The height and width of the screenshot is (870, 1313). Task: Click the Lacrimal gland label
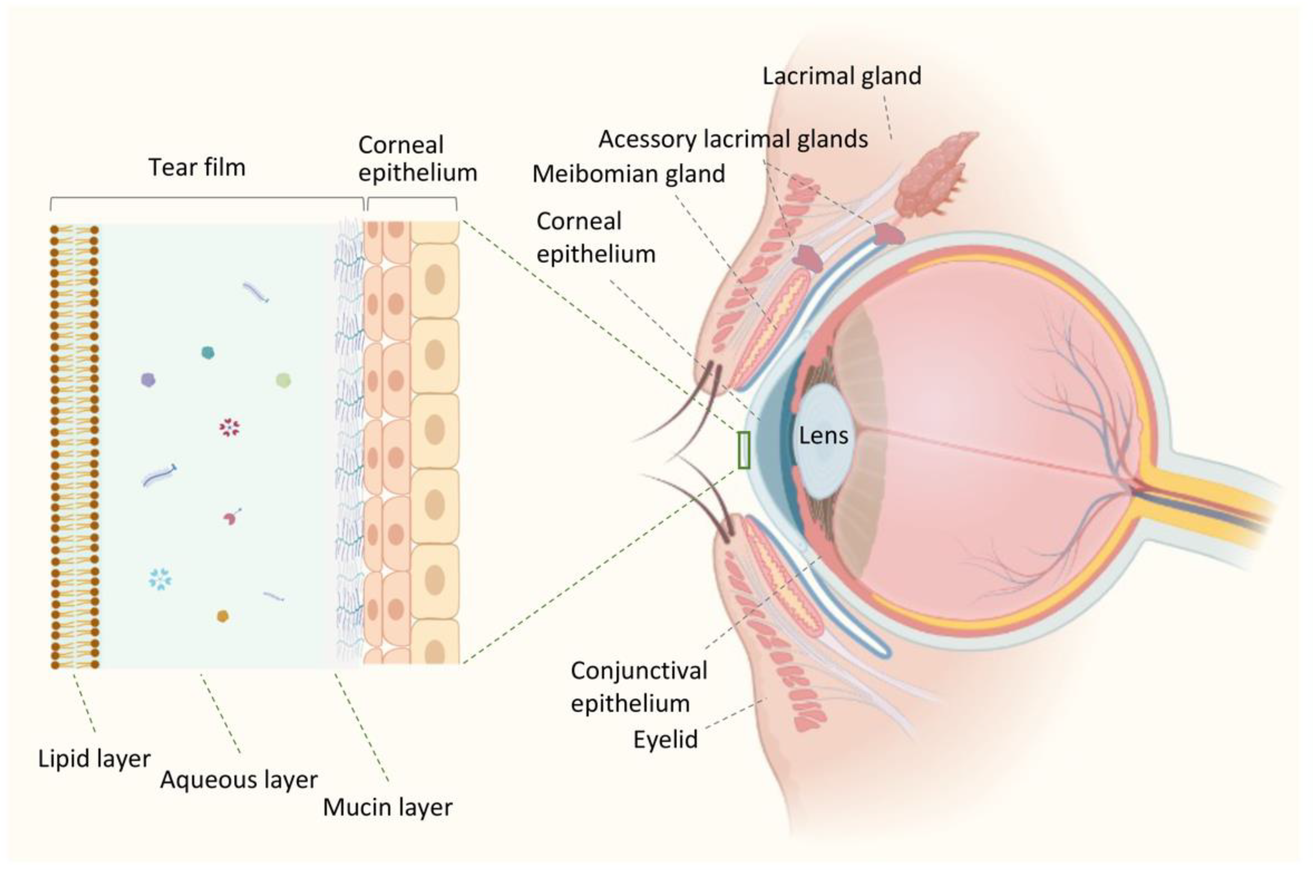pos(841,76)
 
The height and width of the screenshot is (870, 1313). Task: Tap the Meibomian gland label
pos(628,174)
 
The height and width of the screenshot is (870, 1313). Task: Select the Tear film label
pos(197,168)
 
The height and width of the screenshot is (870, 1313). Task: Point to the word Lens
pos(823,436)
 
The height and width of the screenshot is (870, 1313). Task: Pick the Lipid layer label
pos(94,758)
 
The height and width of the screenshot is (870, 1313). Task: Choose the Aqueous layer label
pos(238,780)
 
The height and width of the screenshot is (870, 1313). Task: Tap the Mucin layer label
pos(387,807)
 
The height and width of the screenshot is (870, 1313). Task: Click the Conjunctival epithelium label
pos(638,687)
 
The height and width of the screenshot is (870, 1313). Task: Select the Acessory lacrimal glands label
pos(733,139)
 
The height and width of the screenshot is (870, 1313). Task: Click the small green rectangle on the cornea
pos(743,450)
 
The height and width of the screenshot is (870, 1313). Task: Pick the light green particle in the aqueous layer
pos(284,380)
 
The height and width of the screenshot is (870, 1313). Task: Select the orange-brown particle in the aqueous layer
pos(223,616)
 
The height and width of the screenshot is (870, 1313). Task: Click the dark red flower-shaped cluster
pos(229,427)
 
